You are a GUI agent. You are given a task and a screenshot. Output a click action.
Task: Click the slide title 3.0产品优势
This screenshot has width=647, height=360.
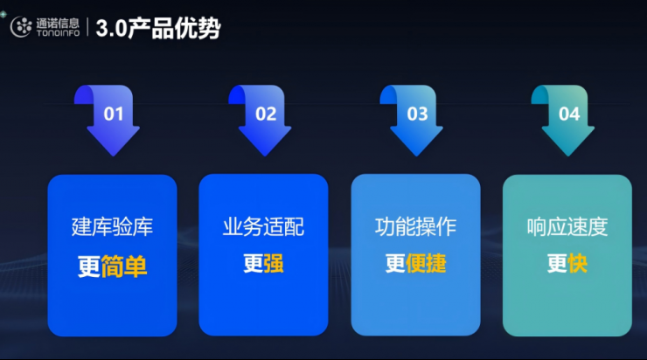pyautogui.click(x=158, y=29)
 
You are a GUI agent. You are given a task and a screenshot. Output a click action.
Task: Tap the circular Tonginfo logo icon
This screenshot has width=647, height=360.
pyautogui.click(x=21, y=27)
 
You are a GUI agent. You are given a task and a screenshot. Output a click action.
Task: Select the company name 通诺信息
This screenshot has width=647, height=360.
pyautogui.click(x=58, y=23)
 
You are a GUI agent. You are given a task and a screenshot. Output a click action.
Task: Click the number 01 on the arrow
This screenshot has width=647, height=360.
pyautogui.click(x=114, y=114)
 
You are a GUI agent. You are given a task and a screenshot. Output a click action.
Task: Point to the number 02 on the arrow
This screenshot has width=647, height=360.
pyautogui.click(x=266, y=114)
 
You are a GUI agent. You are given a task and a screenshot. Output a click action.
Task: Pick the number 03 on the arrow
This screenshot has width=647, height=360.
pyautogui.click(x=417, y=114)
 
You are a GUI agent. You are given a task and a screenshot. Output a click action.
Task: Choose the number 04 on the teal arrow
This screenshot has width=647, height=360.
pyautogui.click(x=569, y=114)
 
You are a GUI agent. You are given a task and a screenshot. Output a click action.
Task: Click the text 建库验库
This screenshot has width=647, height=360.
pyautogui.click(x=112, y=227)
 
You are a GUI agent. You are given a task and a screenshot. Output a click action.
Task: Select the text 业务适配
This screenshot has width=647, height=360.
pyautogui.click(x=264, y=227)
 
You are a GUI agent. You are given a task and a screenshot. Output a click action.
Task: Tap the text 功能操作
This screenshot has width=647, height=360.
pyautogui.click(x=415, y=227)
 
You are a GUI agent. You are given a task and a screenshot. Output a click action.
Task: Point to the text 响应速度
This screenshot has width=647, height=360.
pyautogui.click(x=567, y=227)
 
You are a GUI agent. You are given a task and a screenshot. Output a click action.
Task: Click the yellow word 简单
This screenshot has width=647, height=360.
pyautogui.click(x=124, y=267)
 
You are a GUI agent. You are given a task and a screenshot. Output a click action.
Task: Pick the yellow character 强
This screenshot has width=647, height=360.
pyautogui.click(x=274, y=264)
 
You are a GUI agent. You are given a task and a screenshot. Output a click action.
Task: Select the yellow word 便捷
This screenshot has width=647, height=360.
pyautogui.click(x=426, y=264)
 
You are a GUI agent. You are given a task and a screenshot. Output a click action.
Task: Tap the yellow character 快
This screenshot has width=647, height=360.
pyautogui.click(x=577, y=264)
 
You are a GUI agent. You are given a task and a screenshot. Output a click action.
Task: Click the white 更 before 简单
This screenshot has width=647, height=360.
pyautogui.click(x=89, y=267)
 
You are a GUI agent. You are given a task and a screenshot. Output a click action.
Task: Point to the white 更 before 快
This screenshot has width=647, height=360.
pyautogui.click(x=557, y=264)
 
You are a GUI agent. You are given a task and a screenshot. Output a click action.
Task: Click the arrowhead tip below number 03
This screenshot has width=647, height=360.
pyautogui.click(x=416, y=156)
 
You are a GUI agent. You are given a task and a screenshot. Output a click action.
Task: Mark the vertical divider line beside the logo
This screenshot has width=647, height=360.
pyautogui.click(x=87, y=27)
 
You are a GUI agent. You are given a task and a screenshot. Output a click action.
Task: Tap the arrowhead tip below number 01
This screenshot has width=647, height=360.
pyautogui.click(x=113, y=156)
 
